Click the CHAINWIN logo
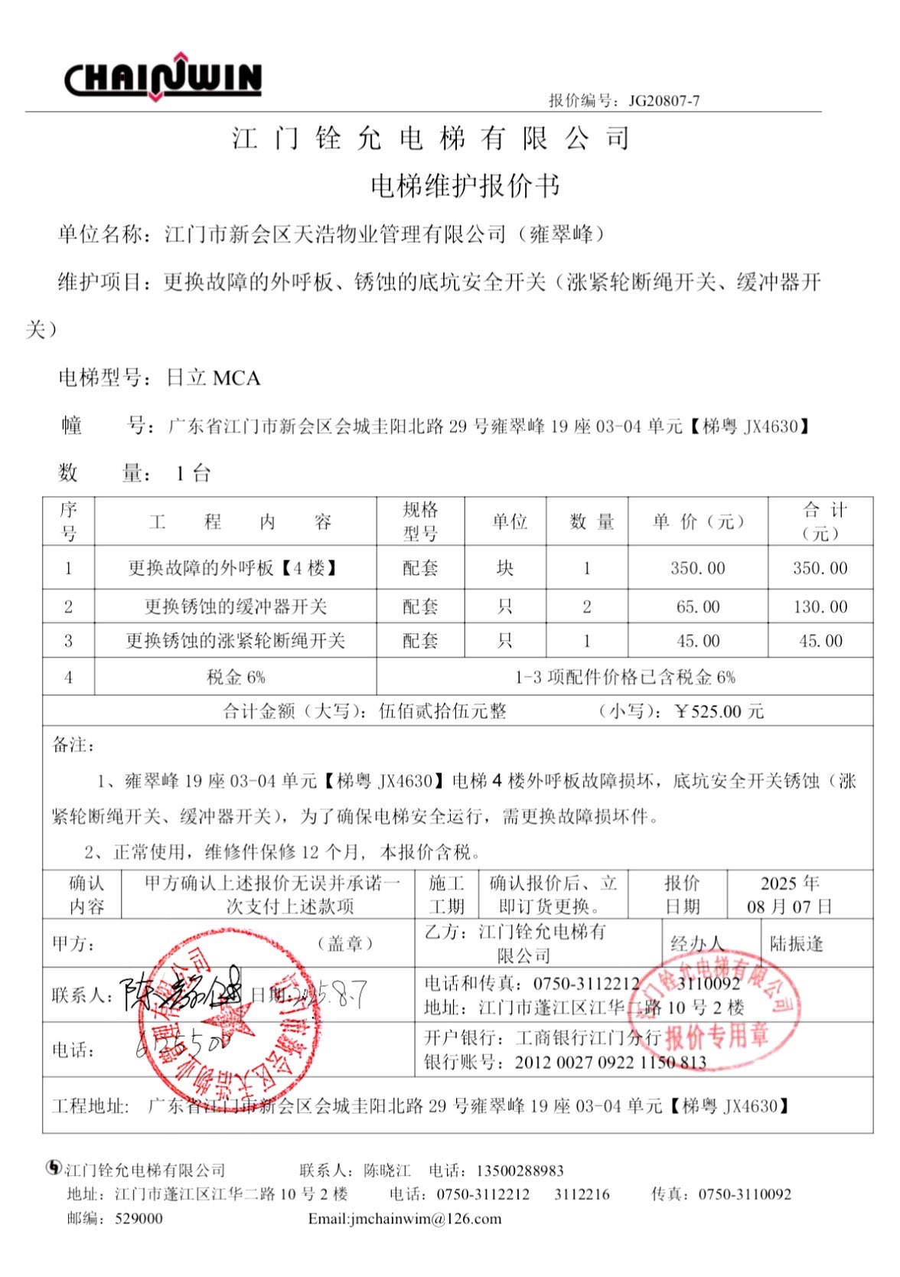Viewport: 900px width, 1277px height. [x=163, y=77]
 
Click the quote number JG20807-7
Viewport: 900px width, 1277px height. [x=664, y=100]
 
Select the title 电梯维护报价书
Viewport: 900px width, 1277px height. [x=465, y=186]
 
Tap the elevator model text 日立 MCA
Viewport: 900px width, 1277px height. [x=214, y=378]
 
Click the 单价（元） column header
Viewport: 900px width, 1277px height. [x=698, y=522]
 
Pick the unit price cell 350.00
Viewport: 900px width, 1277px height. [x=698, y=568]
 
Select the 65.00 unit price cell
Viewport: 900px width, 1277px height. [x=698, y=607]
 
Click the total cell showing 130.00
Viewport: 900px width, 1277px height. [x=820, y=607]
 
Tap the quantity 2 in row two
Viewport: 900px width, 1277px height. [x=587, y=607]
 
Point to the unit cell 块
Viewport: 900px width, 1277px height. [x=505, y=568]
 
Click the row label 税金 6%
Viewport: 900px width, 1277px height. [x=236, y=678]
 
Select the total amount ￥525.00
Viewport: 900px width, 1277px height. [x=719, y=711]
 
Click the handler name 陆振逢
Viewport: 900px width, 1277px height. [x=797, y=944]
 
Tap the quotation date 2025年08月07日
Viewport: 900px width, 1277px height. [x=789, y=895]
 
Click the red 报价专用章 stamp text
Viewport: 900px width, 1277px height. [x=716, y=1037]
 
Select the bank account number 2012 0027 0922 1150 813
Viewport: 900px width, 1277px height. [x=610, y=1063]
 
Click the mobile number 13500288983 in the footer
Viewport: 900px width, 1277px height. [x=520, y=1171]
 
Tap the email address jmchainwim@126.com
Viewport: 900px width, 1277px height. [x=405, y=1219]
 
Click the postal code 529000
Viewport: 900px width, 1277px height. [x=139, y=1219]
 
